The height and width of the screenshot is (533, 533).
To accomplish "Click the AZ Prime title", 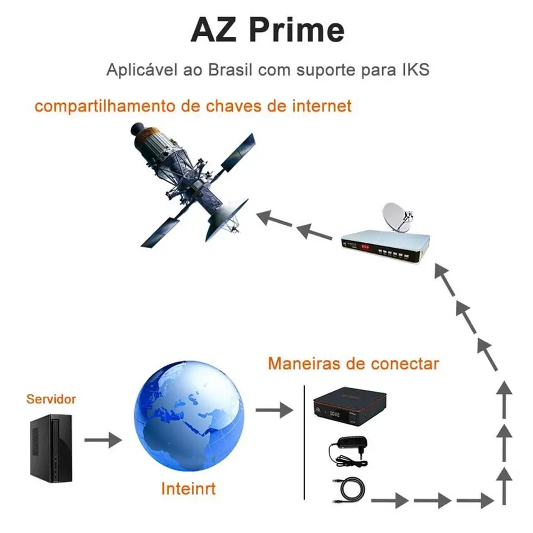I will (267, 30).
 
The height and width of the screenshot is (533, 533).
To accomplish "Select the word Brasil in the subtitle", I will (230, 70).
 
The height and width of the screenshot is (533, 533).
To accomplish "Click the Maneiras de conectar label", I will (353, 363).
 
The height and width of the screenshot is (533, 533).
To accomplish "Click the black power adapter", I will (349, 450).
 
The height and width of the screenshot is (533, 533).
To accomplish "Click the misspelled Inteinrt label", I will (188, 488).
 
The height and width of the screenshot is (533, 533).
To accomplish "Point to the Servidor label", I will (51, 399).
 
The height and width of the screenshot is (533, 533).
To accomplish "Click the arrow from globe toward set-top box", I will (274, 410).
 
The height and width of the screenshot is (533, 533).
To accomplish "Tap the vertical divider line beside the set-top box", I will (304, 442).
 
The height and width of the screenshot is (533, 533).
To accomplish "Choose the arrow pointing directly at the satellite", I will (272, 218).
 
